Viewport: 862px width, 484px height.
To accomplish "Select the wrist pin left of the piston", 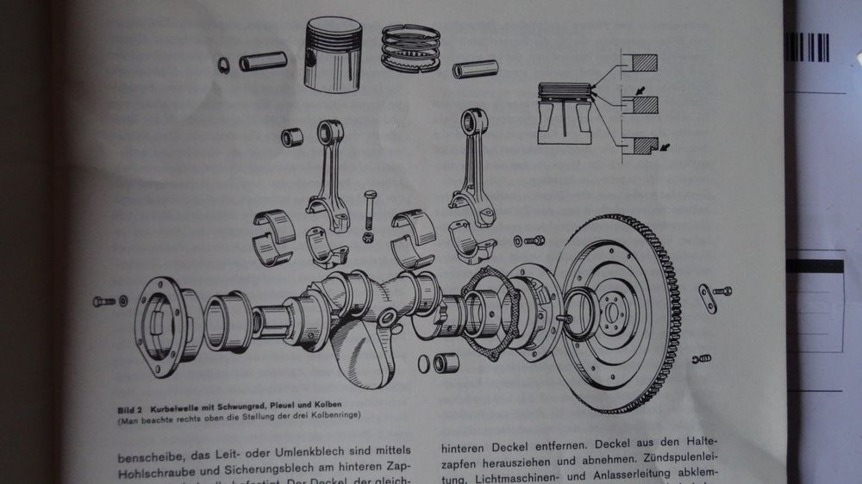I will (x=262, y=63).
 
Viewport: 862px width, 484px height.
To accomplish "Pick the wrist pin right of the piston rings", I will (x=475, y=68).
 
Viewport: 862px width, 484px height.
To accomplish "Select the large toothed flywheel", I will (x=615, y=314).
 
